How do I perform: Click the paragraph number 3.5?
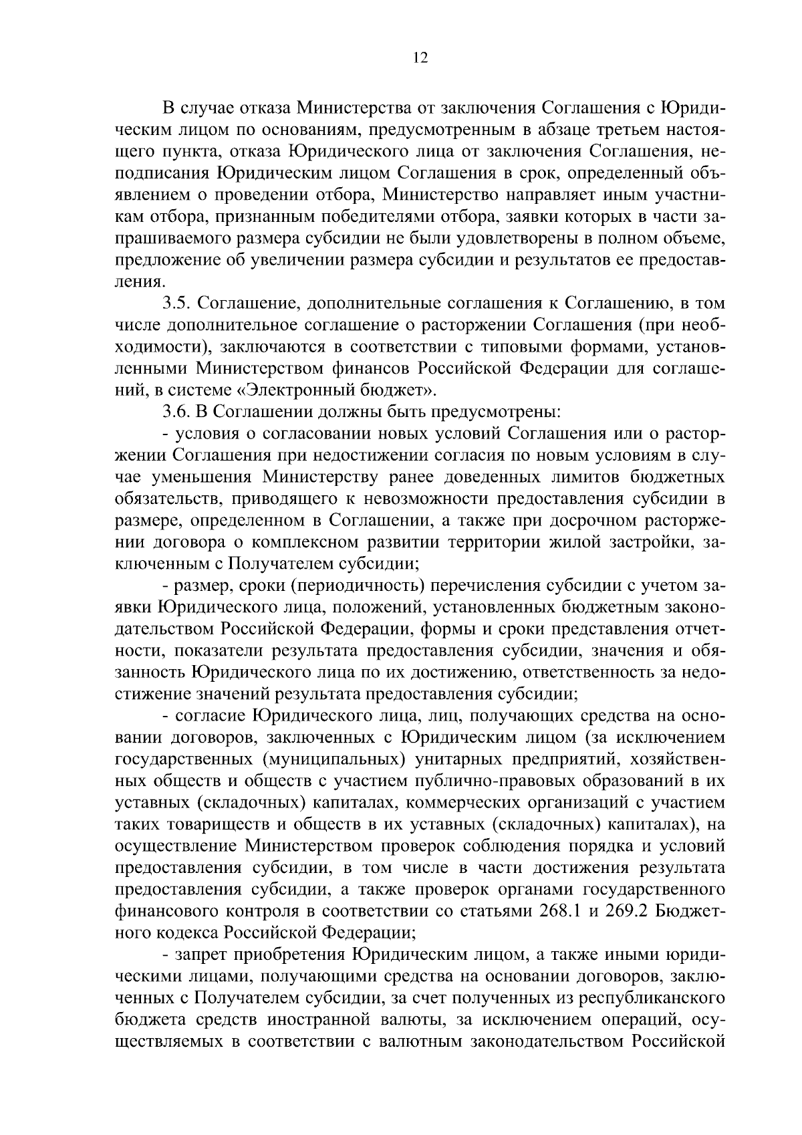[x=178, y=303]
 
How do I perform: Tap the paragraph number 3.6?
[x=178, y=412]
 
